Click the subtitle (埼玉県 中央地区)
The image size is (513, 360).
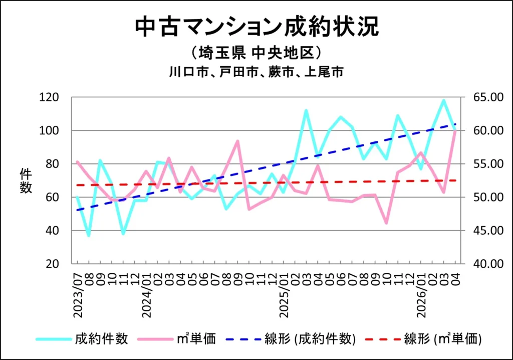pyautogui.click(x=257, y=53)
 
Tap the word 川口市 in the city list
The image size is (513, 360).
pyautogui.click(x=189, y=72)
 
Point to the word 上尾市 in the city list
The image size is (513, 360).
pyautogui.click(x=324, y=72)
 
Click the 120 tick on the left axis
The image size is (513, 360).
pyautogui.click(x=49, y=97)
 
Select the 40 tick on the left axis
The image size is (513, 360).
pyautogui.click(x=52, y=231)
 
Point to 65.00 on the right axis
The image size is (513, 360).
pyautogui.click(x=488, y=97)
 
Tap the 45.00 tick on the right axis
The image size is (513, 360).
pyautogui.click(x=488, y=231)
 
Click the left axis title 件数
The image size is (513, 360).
pyautogui.click(x=26, y=181)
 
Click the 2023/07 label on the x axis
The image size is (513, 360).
pyautogui.click(x=78, y=295)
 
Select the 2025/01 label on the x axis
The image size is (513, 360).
pyautogui.click(x=284, y=295)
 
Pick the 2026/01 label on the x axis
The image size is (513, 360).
pyautogui.click(x=421, y=295)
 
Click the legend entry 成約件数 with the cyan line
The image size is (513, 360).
pyautogui.click(x=82, y=339)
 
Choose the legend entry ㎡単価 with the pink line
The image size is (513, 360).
pyautogui.click(x=177, y=339)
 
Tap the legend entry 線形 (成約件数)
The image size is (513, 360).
pyautogui.click(x=291, y=339)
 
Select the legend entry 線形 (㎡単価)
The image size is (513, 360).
pyautogui.click(x=423, y=339)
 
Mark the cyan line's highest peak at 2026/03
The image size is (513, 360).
pyautogui.click(x=444, y=101)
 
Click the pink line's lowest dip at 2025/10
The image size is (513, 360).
pyautogui.click(x=386, y=223)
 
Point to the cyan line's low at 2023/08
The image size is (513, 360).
pyautogui.click(x=89, y=235)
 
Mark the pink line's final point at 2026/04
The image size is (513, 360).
pyautogui.click(x=455, y=131)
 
